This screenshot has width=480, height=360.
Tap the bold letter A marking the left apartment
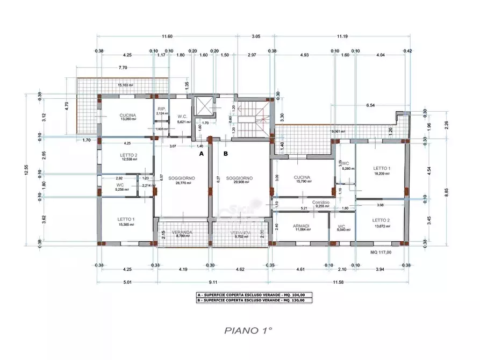tap(202, 153)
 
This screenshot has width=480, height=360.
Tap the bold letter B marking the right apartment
tap(226, 153)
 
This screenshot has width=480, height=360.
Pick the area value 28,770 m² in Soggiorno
tap(181, 183)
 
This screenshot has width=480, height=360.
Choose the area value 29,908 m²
tap(239, 183)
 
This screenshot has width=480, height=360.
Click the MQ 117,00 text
tap(381, 251)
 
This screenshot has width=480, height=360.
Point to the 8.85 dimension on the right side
tap(446, 192)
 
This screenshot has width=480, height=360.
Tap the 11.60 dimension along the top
tap(167, 37)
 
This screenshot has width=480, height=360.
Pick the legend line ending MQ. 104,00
tap(252, 295)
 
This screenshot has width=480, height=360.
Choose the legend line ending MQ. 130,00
tap(252, 300)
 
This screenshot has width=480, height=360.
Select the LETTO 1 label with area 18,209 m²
tap(381, 169)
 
